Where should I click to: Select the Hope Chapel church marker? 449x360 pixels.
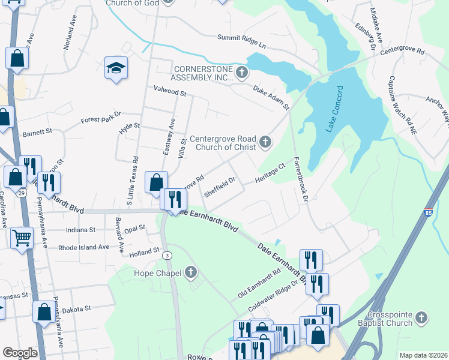click(x=191, y=274)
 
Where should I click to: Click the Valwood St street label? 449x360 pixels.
click(x=170, y=92)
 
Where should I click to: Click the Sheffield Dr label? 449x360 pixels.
click(x=219, y=187)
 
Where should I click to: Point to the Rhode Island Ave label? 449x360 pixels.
click(x=84, y=247)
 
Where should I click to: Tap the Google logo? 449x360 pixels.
click(x=20, y=353)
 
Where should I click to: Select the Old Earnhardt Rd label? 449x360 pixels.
click(x=259, y=284)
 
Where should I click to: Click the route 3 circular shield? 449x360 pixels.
click(x=167, y=255)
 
